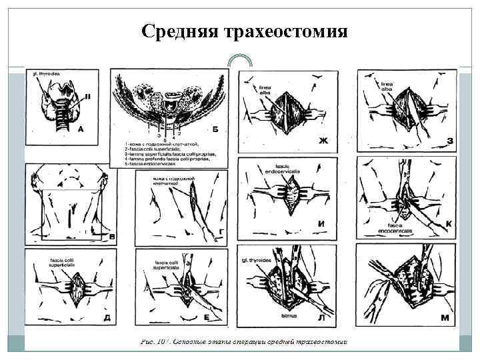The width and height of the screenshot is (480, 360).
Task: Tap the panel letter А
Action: click(80, 129)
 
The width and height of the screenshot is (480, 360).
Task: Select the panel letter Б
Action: click(215, 129)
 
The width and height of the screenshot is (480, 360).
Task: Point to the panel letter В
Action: click(111, 236)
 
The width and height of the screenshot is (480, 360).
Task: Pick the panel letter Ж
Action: click(324, 140)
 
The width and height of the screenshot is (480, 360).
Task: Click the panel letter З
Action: click(449, 141)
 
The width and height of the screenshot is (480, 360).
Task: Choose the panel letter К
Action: click(449, 223)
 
